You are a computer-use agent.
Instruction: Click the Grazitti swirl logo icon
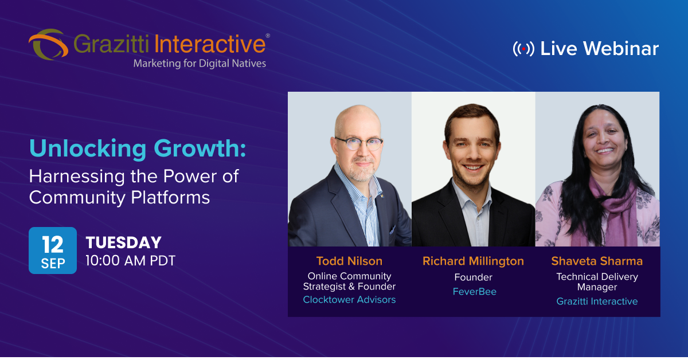[48, 45]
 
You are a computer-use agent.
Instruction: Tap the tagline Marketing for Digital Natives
[200, 63]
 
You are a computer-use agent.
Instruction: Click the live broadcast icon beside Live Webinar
[523, 49]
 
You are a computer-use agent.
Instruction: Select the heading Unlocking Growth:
[138, 148]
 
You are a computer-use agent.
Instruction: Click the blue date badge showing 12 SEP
[52, 251]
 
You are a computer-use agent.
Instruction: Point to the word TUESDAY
[123, 242]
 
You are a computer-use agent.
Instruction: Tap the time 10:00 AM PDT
[130, 260]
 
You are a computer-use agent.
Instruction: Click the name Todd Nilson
[349, 261]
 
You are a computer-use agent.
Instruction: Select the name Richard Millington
[473, 261]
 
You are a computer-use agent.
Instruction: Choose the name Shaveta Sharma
[597, 261]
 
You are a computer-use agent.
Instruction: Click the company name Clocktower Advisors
[349, 299]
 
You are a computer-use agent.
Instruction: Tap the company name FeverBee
[474, 292]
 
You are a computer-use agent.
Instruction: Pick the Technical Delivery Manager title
[597, 281]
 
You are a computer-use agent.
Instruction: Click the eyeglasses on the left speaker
[358, 143]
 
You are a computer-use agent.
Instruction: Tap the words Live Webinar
[599, 49]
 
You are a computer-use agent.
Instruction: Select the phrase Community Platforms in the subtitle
[119, 197]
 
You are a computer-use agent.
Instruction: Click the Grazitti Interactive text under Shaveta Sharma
[597, 301]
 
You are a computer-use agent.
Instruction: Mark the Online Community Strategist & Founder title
[349, 281]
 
